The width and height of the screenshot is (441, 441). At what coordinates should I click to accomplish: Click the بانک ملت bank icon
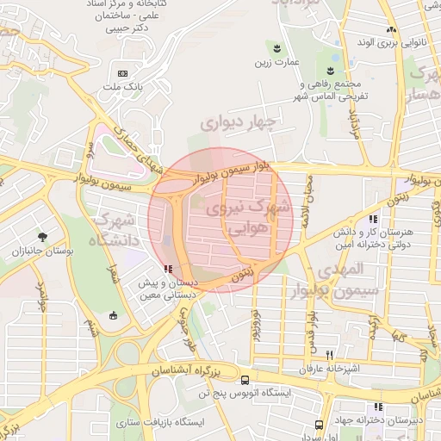(121, 73)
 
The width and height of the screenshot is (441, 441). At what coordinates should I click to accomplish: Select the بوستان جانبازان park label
(40, 252)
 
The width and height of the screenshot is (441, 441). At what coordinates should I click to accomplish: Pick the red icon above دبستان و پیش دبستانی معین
(166, 270)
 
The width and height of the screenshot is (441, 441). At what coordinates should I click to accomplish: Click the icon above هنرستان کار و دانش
(372, 220)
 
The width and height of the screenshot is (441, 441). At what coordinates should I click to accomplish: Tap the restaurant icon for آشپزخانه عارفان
(330, 354)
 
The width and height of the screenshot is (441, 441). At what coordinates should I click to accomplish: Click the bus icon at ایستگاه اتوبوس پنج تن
(245, 380)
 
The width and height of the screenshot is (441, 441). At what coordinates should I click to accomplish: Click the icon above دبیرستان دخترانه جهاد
(378, 407)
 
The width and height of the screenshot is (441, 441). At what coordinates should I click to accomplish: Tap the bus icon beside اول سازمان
(320, 425)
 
